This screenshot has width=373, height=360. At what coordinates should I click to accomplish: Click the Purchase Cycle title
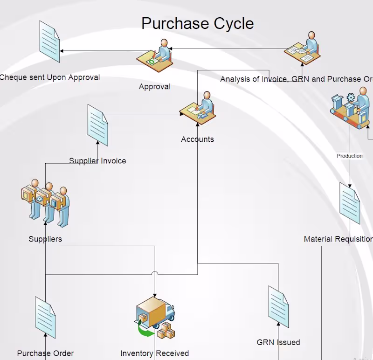[197, 23]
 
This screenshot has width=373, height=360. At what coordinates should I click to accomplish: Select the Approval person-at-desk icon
[155, 56]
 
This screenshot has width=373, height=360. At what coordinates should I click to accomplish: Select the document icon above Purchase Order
[45, 317]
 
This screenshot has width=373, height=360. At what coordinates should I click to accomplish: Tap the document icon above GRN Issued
[278, 306]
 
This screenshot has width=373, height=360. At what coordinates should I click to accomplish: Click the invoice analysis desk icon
[302, 50]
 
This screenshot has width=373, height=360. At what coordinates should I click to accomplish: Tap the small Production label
[350, 156]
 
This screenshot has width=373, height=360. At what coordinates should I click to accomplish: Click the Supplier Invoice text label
[97, 161]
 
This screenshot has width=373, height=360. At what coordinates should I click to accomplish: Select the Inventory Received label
[155, 353]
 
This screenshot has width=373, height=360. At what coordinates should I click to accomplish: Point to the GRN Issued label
[278, 342]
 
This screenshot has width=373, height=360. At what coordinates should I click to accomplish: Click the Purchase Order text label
[45, 353]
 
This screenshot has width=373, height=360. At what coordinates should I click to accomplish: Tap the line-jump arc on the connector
[155, 273]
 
